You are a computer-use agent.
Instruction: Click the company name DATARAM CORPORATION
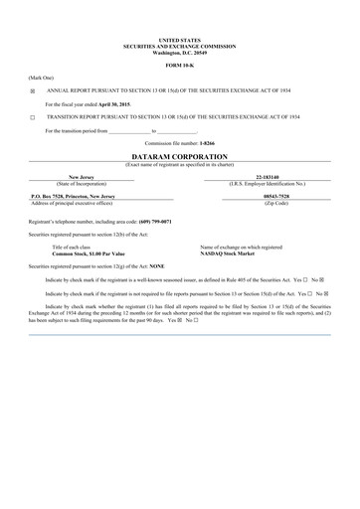click(180, 157)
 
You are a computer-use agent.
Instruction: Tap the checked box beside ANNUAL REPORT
click(32, 88)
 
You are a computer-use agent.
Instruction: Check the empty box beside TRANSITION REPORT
click(32, 116)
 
